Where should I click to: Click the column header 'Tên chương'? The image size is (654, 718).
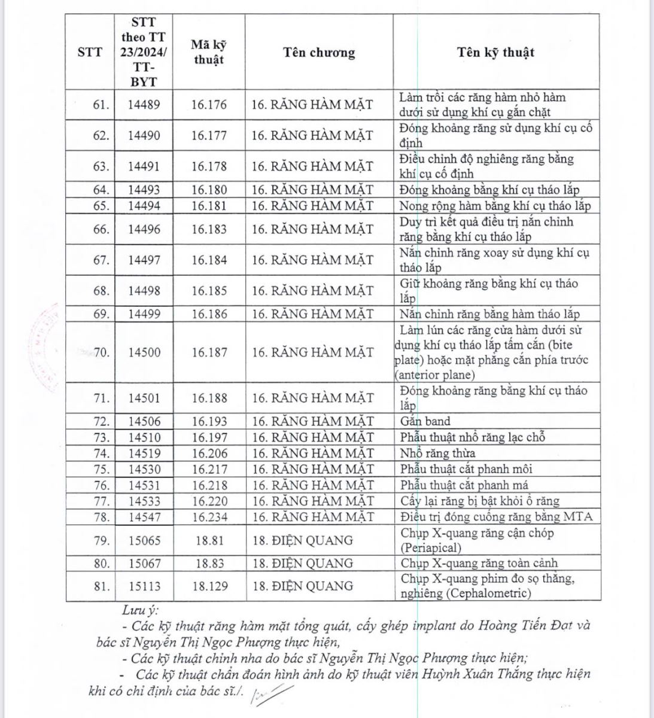[318, 53]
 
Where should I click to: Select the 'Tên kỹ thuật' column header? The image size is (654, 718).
[495, 52]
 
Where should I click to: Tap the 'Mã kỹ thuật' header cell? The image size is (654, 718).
[209, 52]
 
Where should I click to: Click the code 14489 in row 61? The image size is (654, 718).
[144, 105]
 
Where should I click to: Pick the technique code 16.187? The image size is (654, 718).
[209, 352]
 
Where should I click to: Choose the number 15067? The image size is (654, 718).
[144, 563]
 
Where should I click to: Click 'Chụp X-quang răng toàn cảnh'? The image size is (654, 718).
[479, 563]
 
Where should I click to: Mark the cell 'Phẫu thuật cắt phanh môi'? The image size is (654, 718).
[466, 470]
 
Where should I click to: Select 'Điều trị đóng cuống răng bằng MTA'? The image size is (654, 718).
[496, 517]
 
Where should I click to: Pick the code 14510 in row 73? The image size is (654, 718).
[144, 437]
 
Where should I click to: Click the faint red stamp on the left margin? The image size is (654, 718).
[47, 347]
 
